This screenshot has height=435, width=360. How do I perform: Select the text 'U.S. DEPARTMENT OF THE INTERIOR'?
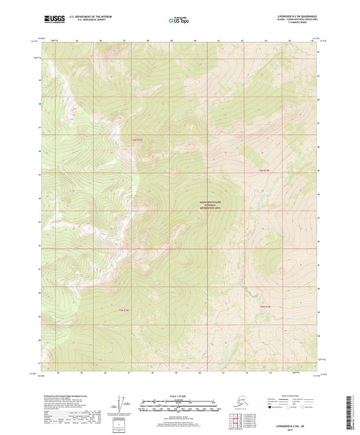86,16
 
